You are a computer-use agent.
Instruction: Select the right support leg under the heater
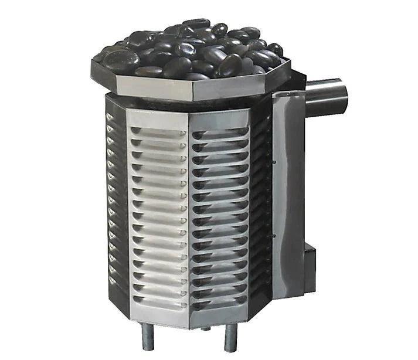[230, 339]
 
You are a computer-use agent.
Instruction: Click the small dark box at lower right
[309, 260]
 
